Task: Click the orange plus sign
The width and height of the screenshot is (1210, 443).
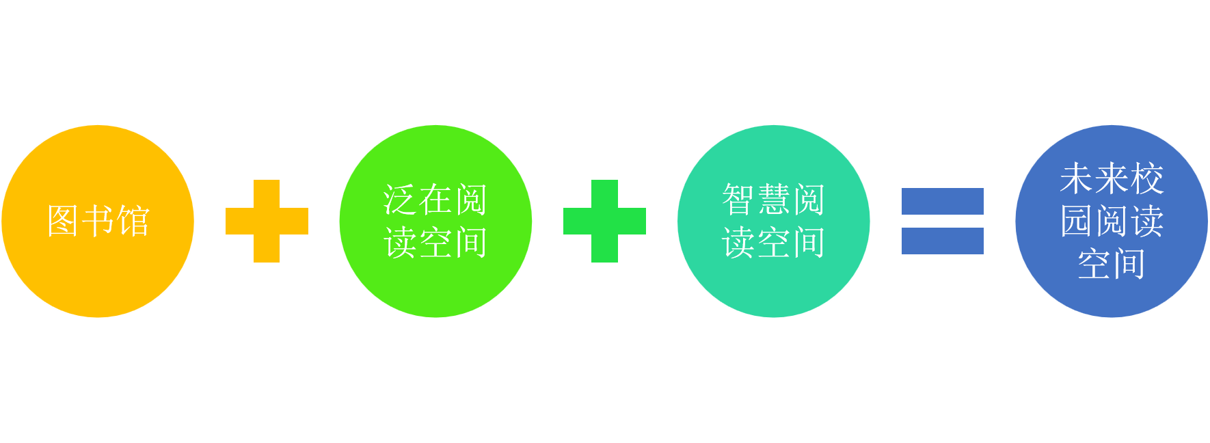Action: [267, 221]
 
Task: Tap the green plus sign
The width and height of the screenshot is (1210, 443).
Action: [604, 221]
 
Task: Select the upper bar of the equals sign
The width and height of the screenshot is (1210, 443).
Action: [942, 201]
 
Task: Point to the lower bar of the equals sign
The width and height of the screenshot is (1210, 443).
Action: [942, 241]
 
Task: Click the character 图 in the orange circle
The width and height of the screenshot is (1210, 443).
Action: [63, 221]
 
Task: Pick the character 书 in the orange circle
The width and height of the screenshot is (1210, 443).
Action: [98, 221]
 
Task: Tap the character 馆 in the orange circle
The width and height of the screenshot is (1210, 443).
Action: [133, 221]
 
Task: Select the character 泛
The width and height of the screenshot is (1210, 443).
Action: [400, 200]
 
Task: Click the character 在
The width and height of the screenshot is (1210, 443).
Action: [435, 200]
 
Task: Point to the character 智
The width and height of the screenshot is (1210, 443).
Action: [738, 200]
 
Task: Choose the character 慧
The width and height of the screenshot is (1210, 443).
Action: [773, 200]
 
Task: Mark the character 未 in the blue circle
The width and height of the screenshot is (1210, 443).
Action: [1077, 178]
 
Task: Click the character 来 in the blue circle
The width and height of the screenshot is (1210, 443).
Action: [1112, 178]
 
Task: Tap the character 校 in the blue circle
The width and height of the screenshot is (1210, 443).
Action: [1146, 178]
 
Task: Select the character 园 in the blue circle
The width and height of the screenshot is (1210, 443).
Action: [1077, 221]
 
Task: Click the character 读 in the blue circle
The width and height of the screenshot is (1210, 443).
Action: [1146, 221]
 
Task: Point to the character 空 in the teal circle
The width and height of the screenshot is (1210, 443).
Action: [773, 242]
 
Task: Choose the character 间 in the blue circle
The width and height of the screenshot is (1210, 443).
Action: [1129, 263]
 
